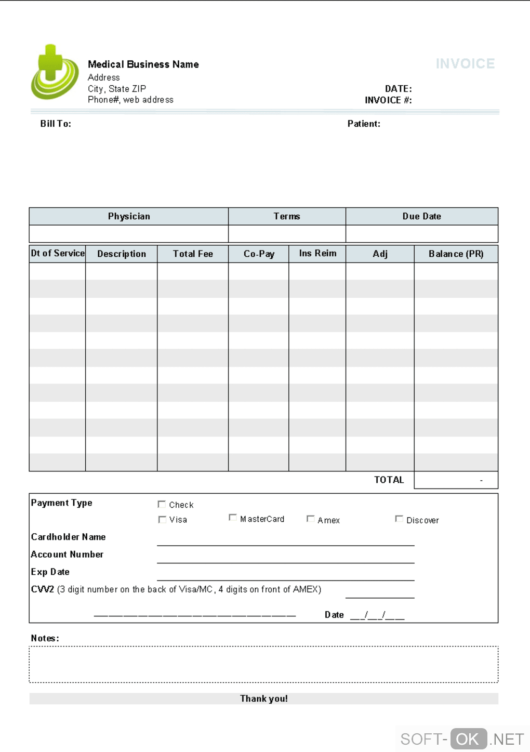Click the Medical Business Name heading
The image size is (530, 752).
click(143, 64)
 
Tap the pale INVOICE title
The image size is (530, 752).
click(465, 63)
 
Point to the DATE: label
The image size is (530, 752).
click(398, 89)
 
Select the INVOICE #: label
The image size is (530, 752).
click(388, 100)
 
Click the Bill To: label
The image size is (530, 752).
click(56, 124)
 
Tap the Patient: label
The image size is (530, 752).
click(364, 124)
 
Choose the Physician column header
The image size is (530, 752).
click(129, 216)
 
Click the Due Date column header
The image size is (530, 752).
click(421, 216)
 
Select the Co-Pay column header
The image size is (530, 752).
click(259, 254)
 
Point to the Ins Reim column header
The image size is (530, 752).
click(317, 253)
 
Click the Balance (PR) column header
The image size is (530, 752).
click(456, 254)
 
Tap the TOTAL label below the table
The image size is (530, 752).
click(389, 480)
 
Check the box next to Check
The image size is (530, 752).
click(162, 504)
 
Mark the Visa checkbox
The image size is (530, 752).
click(162, 519)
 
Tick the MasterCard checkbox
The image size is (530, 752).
click(233, 518)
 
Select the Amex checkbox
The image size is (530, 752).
click(310, 519)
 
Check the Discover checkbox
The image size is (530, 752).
click(399, 519)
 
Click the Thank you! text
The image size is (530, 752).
click(264, 698)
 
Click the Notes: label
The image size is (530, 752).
click(45, 638)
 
